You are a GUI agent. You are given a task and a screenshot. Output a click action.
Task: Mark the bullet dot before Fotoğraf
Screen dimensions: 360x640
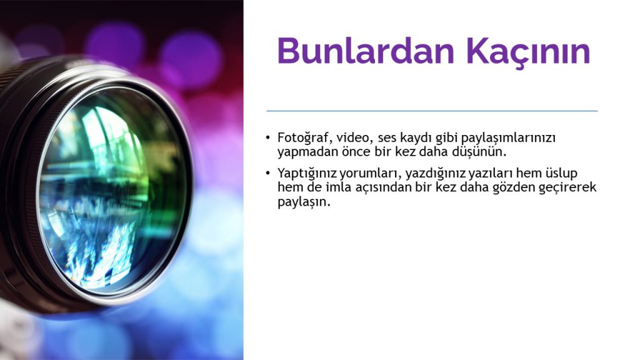click(x=267, y=137)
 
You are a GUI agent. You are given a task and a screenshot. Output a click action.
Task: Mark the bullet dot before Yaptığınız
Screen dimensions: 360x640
click(x=267, y=173)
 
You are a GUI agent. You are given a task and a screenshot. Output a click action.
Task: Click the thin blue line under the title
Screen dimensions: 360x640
click(x=432, y=111)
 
